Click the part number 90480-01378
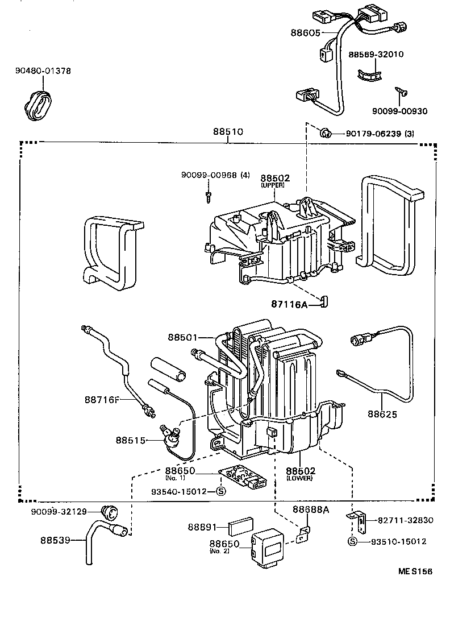(43, 71)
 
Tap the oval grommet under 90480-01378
(39, 104)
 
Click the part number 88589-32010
(376, 55)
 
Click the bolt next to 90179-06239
(326, 134)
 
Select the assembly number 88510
(228, 131)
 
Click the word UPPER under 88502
(272, 185)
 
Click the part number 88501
(182, 337)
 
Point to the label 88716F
(103, 400)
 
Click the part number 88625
(382, 414)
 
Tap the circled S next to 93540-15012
(222, 492)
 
